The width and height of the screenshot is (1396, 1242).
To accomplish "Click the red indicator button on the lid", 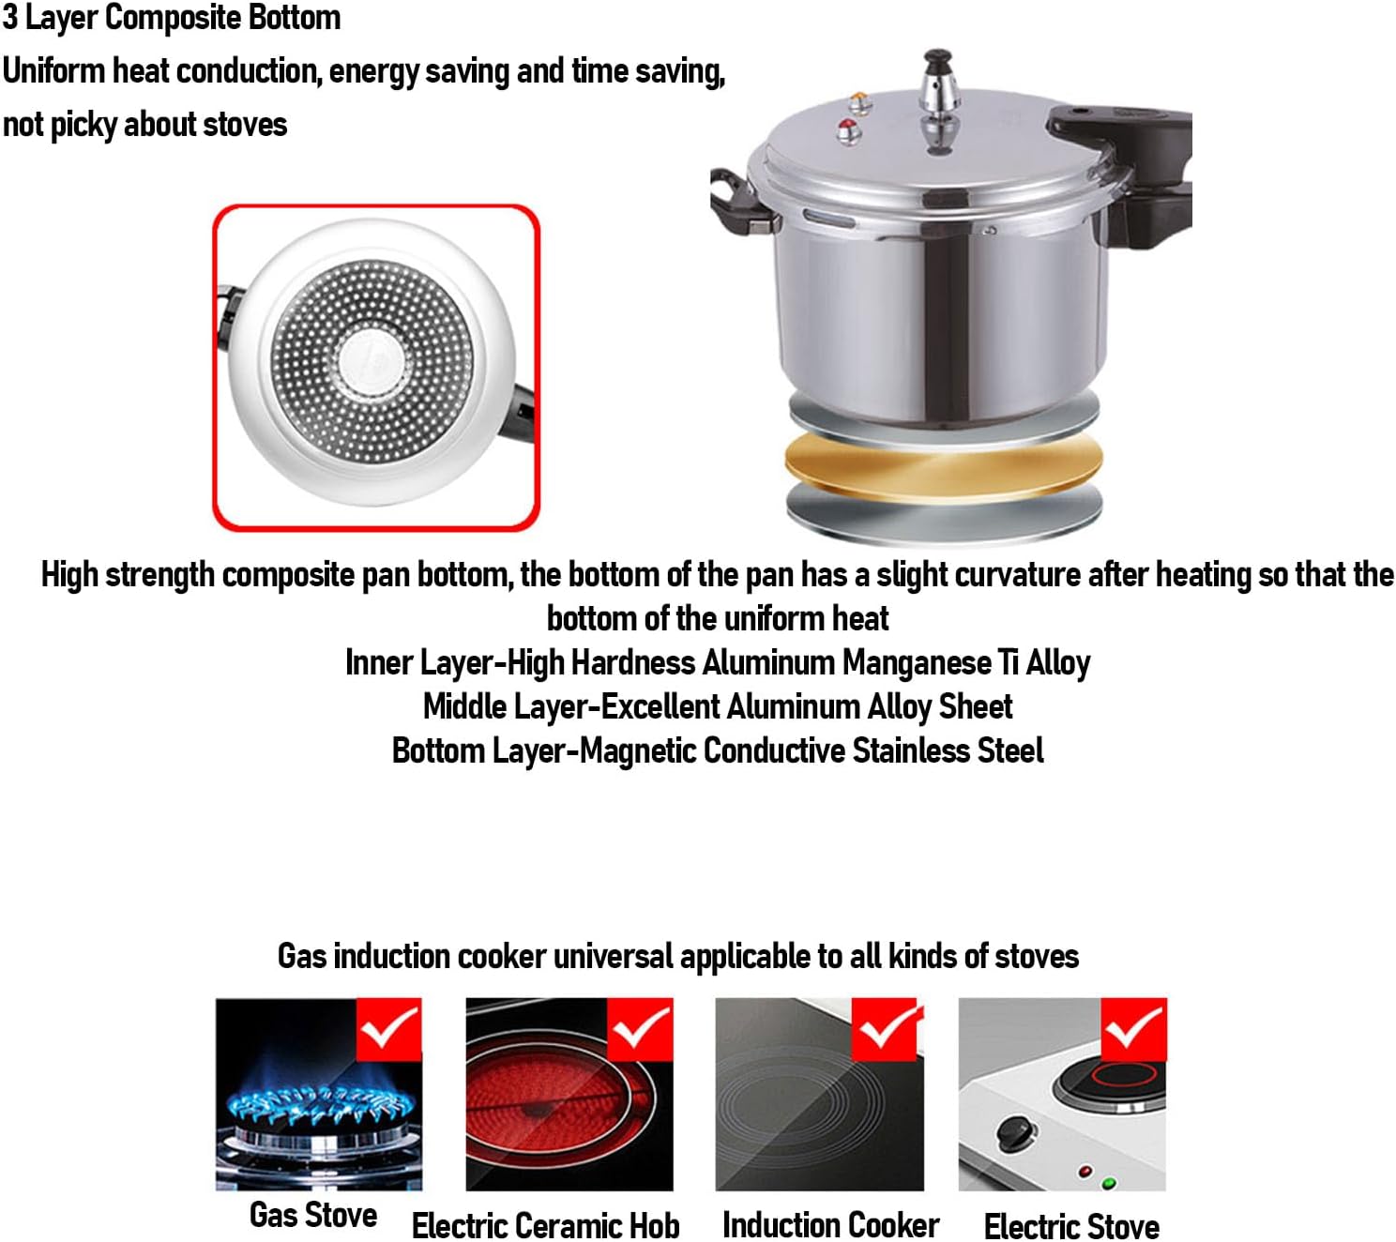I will click(848, 129).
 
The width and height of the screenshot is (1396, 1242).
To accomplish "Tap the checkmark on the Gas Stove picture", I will click(388, 1029).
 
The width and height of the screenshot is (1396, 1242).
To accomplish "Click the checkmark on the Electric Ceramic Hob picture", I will click(640, 1029).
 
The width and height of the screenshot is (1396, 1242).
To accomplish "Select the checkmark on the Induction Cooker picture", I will click(885, 1029).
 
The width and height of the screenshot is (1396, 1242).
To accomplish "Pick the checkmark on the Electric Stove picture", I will click(1133, 1029).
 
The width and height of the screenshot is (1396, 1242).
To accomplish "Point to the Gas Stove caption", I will click(313, 1215).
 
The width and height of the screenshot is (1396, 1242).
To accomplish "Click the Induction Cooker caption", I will click(830, 1224).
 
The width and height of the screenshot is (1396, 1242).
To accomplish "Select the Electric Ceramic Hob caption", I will click(545, 1225).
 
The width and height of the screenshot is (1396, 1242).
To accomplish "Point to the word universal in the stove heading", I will click(614, 956).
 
